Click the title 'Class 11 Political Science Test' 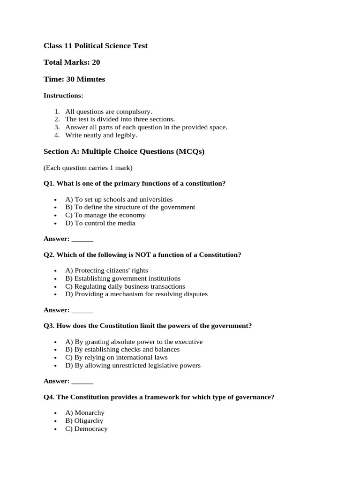95,45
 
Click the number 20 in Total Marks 96,62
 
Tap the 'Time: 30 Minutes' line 74,79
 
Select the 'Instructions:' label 63,96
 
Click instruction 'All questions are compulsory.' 108,112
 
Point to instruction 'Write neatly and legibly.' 101,135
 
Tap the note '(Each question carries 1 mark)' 88,168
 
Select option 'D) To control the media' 100,223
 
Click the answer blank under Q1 82,239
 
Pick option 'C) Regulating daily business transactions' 125,286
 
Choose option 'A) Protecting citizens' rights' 106,270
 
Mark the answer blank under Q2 82,310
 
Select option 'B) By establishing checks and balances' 122,350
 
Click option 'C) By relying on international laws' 116,358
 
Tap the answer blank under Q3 82,382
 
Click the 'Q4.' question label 49,397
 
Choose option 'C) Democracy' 86,429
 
